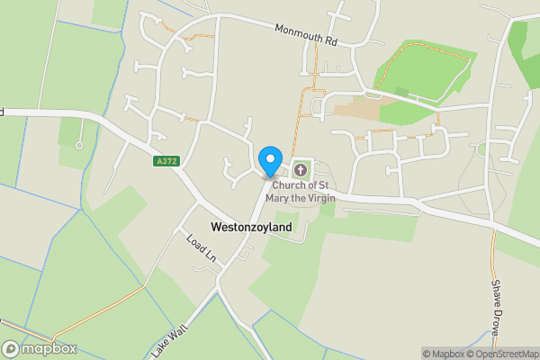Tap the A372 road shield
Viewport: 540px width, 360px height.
165,161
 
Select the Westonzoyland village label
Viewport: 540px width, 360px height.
251,228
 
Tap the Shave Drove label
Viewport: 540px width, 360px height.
496,306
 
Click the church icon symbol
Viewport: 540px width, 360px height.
300,168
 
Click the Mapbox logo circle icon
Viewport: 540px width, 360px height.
11,348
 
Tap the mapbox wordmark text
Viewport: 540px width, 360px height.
49,348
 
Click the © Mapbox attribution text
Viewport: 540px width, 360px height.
443,354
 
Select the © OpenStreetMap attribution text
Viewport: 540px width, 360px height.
501,354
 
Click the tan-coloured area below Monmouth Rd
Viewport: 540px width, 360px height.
355,112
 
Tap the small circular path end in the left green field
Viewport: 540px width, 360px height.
79,145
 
